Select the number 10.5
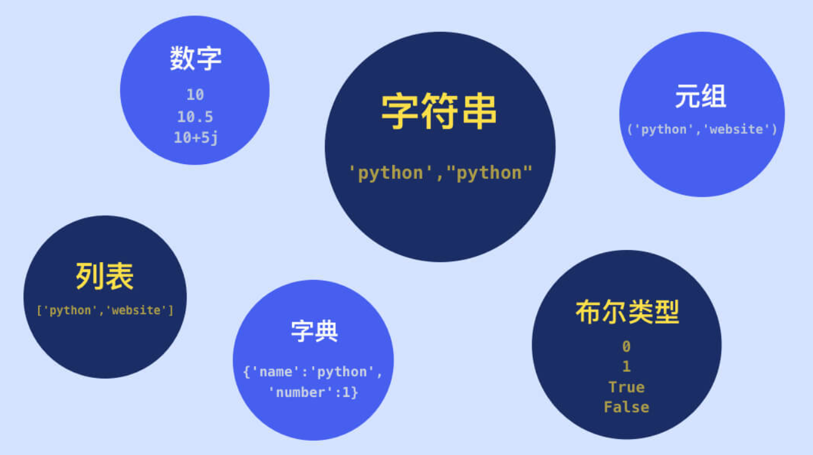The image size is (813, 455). [195, 117]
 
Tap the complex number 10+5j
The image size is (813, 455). [196, 138]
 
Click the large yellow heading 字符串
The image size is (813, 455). [439, 112]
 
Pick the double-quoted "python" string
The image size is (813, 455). [489, 173]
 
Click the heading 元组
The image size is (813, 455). [701, 97]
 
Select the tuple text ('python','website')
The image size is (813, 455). [702, 129]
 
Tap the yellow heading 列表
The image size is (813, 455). [105, 276]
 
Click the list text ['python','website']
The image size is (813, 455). [105, 310]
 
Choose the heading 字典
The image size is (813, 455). [314, 331]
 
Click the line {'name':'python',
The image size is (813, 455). [313, 372]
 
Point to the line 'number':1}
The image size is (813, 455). [313, 393]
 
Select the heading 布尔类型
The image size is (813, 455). [627, 312]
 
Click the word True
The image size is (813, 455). [626, 387]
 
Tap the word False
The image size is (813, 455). [626, 407]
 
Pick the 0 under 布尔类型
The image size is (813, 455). [626, 347]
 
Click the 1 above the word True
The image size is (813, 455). [626, 367]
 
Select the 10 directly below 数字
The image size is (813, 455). [195, 95]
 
